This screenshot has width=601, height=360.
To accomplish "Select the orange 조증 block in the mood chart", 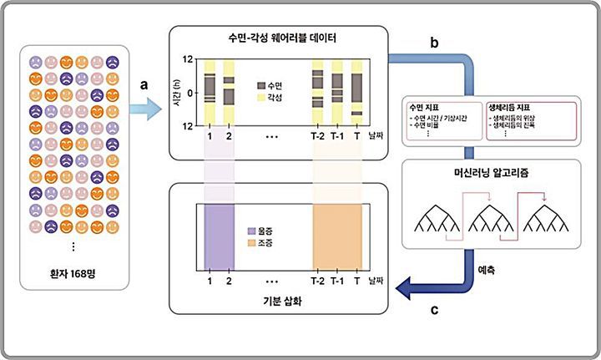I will click(x=337, y=237).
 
